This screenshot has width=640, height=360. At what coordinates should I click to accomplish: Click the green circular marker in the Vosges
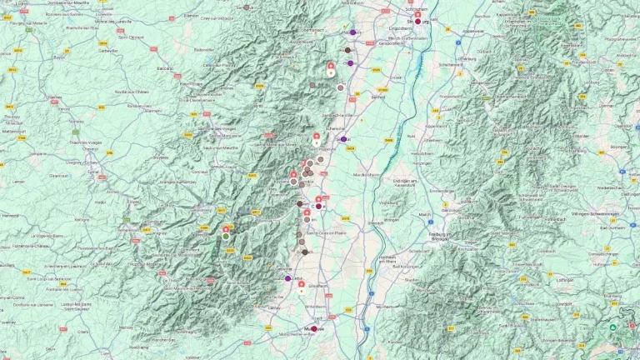[225, 236]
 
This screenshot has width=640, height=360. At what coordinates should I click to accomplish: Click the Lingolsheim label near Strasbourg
[403, 27]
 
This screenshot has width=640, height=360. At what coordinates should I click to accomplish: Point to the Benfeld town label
[377, 97]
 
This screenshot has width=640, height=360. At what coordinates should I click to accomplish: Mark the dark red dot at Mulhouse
[313, 327]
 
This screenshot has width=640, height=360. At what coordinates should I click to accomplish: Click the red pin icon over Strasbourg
[417, 15]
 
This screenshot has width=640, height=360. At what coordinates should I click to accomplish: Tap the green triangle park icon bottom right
[613, 327]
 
